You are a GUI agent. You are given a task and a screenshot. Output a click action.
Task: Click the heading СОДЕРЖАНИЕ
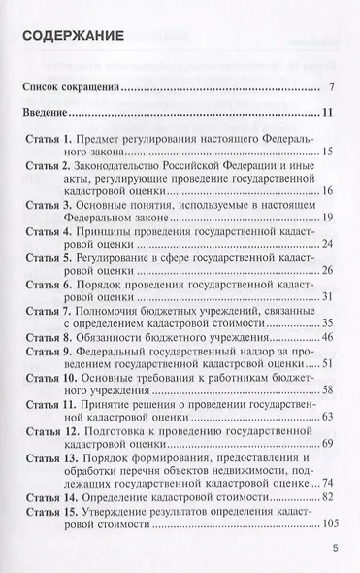(72, 37)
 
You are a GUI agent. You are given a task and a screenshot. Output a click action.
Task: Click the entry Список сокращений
(71, 87)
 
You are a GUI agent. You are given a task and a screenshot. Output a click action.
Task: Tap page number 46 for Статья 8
(327, 337)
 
